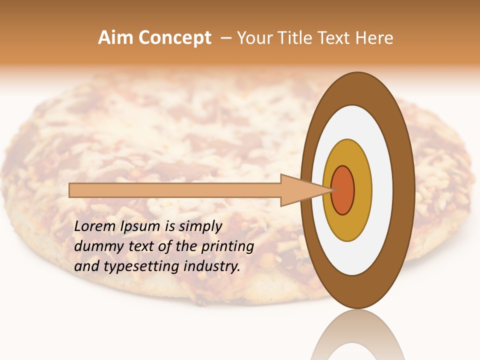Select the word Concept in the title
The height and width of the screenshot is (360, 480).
[174, 38]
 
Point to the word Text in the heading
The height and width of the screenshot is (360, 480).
[336, 38]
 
